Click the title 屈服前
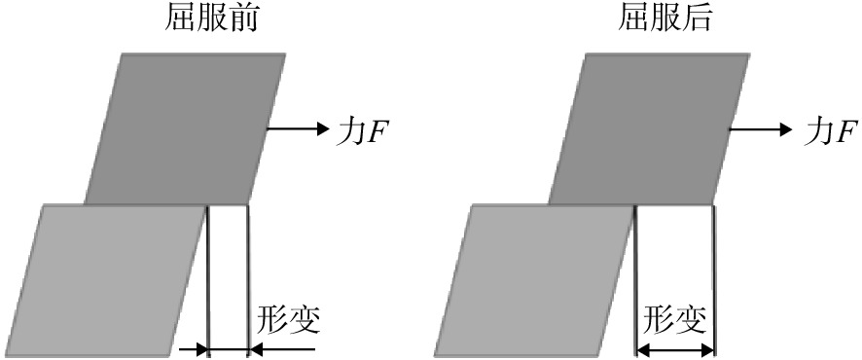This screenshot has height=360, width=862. click(x=211, y=19)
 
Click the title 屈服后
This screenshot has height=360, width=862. click(x=664, y=19)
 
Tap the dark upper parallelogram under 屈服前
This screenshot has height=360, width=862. click(x=185, y=128)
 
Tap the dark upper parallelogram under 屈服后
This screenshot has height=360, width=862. click(x=649, y=128)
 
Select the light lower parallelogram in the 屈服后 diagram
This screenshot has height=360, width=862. click(x=535, y=280)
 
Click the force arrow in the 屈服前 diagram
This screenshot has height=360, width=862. click(x=297, y=129)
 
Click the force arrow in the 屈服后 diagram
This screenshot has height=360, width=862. click(x=760, y=129)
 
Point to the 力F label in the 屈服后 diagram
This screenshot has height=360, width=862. click(x=830, y=132)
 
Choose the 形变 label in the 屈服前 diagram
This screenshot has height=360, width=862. click(x=288, y=320)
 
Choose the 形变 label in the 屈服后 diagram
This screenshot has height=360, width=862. click(x=674, y=320)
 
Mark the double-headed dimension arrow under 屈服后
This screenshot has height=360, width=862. click(x=674, y=348)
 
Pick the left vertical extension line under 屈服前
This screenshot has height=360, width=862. click(x=208, y=280)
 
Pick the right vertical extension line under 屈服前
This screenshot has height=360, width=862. click(x=248, y=280)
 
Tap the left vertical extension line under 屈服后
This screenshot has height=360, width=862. click(x=636, y=280)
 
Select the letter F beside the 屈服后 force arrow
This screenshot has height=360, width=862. click(x=844, y=133)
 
